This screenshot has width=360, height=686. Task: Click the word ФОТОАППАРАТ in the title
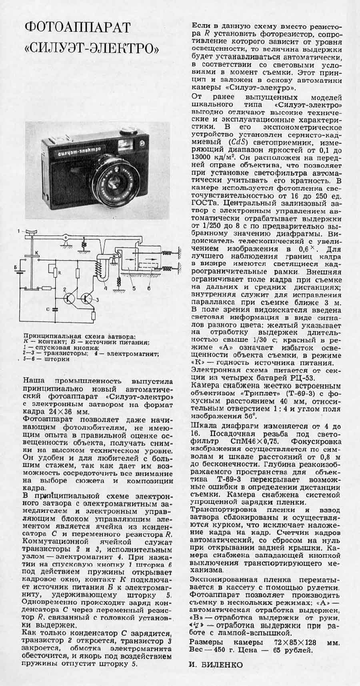coord(78,28)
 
